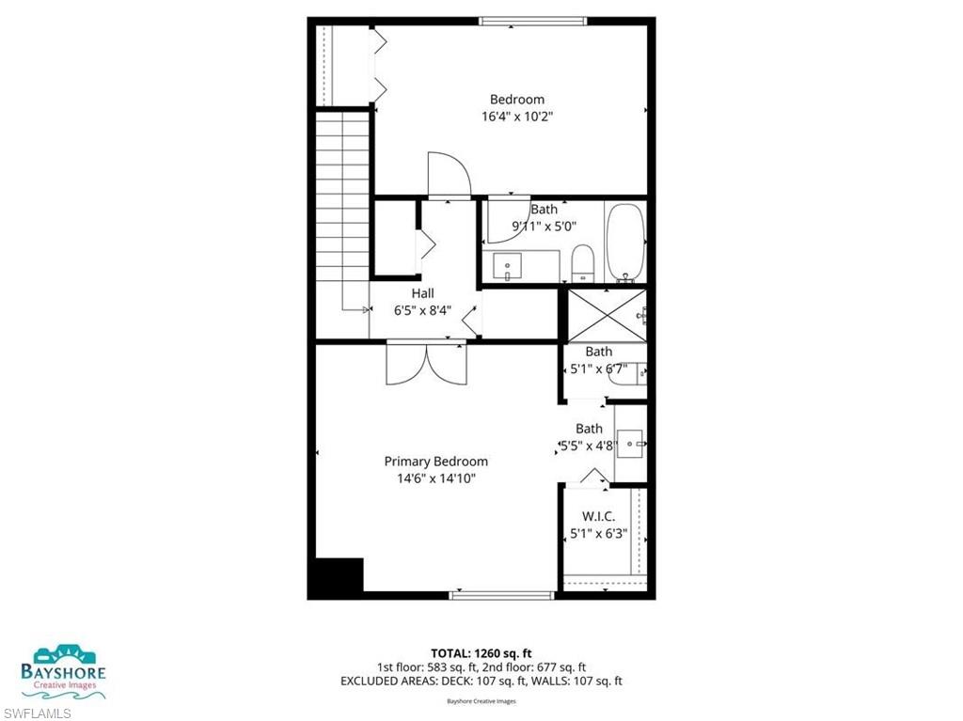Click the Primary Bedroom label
tap(435, 462)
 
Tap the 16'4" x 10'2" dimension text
tap(516, 118)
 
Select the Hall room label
tap(422, 293)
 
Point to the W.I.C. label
tap(599, 516)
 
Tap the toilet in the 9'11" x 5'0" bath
tap(583, 263)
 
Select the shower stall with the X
tap(606, 316)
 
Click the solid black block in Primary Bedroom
tap(336, 575)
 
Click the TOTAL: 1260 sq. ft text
tap(481, 652)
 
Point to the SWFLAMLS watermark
tap(37, 712)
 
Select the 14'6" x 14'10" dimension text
tap(435, 478)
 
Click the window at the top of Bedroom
tap(533, 21)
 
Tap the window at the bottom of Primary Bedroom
tap(502, 594)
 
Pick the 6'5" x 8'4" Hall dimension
tap(422, 310)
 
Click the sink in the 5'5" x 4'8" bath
tap(632, 442)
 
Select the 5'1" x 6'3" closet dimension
tap(599, 534)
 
